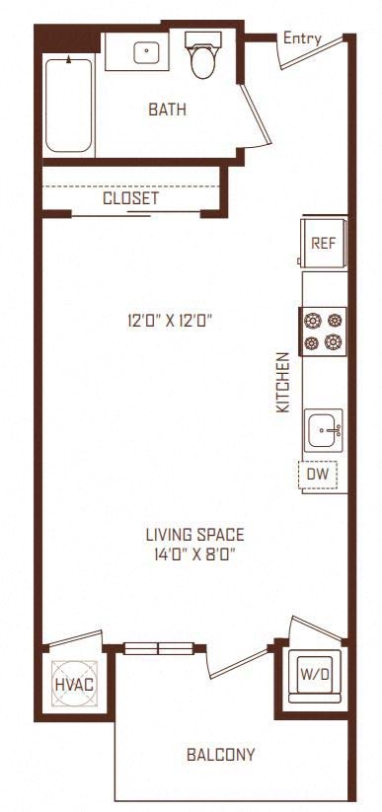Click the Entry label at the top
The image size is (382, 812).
(302, 38)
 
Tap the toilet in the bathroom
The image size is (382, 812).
(203, 54)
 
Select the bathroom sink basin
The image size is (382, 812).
(146, 52)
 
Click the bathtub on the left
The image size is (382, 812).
(68, 106)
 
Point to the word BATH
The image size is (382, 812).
(167, 110)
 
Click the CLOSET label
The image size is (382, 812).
(130, 198)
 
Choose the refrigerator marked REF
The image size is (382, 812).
(324, 243)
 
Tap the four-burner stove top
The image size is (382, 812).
(323, 332)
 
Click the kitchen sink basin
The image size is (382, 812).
(323, 430)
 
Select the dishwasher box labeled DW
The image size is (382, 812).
(318, 474)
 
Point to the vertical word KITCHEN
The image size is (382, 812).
(283, 382)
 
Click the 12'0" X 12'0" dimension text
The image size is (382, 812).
(171, 322)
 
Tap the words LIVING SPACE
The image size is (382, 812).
(194, 534)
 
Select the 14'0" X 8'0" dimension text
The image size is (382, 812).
(194, 554)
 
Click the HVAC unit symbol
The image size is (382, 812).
(75, 684)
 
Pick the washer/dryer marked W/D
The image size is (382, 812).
(315, 675)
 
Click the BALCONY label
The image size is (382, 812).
(221, 755)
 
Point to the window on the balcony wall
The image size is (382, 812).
(159, 648)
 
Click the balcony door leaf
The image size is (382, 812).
(239, 663)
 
